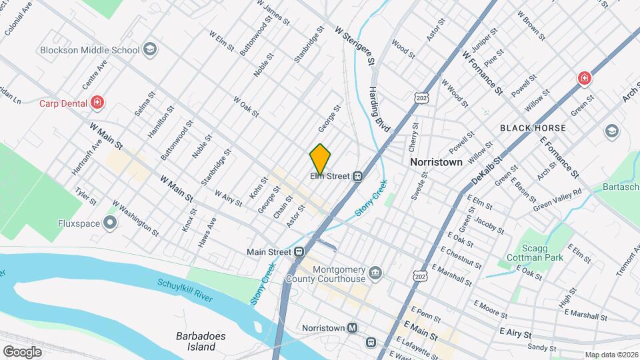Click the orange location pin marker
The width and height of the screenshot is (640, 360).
click(x=320, y=159)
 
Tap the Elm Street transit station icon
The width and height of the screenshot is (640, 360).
click(x=358, y=176)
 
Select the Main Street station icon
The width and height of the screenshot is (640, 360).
click(x=299, y=252)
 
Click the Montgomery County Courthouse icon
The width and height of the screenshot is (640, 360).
click(x=375, y=272)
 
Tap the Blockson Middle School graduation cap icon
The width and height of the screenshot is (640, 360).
click(x=151, y=49)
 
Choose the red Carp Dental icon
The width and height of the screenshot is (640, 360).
click(x=98, y=103)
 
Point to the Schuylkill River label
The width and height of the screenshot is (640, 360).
click(x=185, y=289)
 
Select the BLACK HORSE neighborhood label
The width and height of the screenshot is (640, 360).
click(x=533, y=128)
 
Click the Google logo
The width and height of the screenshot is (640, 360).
click(x=22, y=351)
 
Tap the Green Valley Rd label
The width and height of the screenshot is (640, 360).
click(x=557, y=199)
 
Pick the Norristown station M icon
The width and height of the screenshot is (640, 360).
click(x=353, y=328)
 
